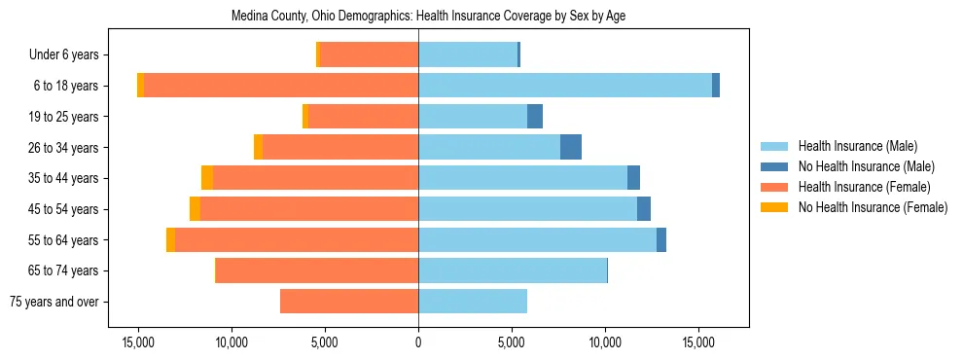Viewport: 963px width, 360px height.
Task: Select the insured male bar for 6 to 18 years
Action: [x=564, y=86]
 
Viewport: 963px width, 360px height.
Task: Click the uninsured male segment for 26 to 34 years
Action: [x=571, y=147]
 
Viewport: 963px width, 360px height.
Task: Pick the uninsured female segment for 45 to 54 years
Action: [x=195, y=209]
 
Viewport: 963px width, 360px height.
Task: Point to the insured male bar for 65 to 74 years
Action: [x=513, y=270]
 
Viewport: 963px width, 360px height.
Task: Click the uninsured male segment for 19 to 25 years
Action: [x=535, y=117]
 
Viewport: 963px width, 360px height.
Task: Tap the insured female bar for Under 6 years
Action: [x=369, y=54]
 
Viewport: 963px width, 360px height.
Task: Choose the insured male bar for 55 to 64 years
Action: [x=537, y=239]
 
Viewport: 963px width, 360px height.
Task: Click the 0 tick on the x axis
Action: [x=418, y=343]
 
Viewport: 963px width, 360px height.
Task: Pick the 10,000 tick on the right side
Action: [x=605, y=343]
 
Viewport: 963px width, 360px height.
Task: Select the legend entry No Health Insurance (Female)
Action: [x=873, y=207]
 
